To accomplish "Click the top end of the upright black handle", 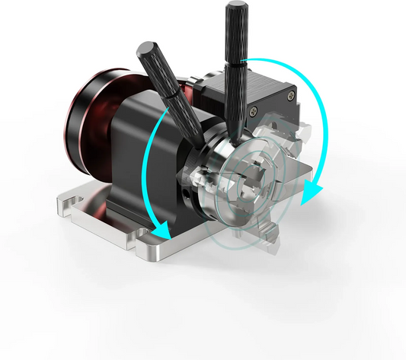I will [232, 9].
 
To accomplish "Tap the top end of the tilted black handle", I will [142, 49].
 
